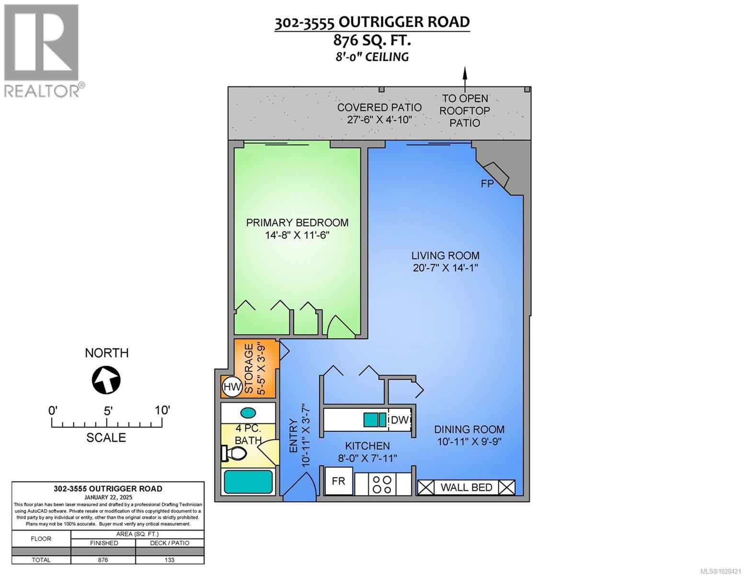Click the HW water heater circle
tap(232, 386)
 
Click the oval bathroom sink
tap(248, 413)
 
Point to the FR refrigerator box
tap(339, 481)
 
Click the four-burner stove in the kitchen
tap(383, 483)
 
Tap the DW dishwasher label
tap(399, 420)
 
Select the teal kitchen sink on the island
tap(375, 420)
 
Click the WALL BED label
tap(466, 487)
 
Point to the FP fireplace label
tap(487, 184)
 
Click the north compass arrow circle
tap(106, 380)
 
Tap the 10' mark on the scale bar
tap(162, 411)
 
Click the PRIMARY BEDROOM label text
tap(297, 223)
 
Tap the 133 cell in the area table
tap(170, 560)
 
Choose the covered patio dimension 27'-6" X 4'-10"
tap(379, 120)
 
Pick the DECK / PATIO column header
tap(170, 543)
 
